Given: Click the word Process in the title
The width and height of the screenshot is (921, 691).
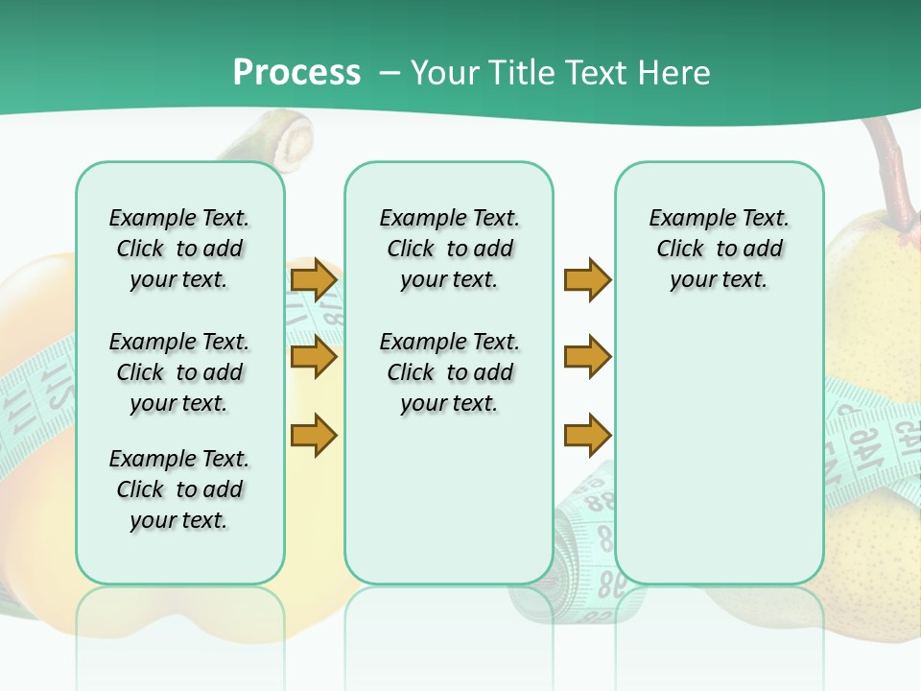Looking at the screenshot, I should [296, 73].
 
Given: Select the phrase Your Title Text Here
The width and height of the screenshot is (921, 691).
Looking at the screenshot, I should [560, 73].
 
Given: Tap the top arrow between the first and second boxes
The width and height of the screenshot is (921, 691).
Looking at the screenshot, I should [314, 280].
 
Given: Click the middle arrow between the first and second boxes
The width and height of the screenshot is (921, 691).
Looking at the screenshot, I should [314, 358].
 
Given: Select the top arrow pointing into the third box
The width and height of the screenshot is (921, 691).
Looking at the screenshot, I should [587, 280].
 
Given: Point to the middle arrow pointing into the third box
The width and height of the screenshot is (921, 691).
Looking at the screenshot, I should [587, 357].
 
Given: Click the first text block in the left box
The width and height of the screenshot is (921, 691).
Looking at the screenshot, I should [179, 249].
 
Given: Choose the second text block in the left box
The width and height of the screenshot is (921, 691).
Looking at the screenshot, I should [179, 372].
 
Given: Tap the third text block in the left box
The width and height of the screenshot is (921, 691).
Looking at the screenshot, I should [179, 489].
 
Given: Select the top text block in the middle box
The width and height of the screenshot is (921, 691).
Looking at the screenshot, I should [449, 249].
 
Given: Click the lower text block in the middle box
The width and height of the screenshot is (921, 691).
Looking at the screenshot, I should [449, 372].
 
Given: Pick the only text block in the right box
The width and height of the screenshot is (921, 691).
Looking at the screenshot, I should [719, 249].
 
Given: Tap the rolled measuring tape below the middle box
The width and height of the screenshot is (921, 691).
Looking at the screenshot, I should [585, 537].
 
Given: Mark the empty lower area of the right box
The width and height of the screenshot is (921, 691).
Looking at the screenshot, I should [719, 451].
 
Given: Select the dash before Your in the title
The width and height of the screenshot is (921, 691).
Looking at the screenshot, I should [388, 73].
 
